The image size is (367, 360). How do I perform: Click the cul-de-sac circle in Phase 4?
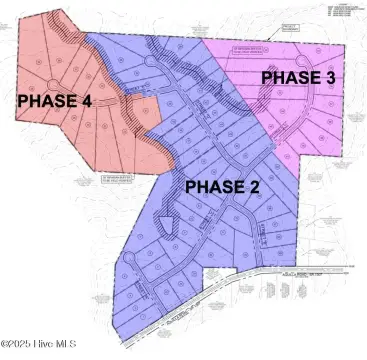click(51, 85)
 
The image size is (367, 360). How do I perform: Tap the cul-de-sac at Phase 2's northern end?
click(151, 62)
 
